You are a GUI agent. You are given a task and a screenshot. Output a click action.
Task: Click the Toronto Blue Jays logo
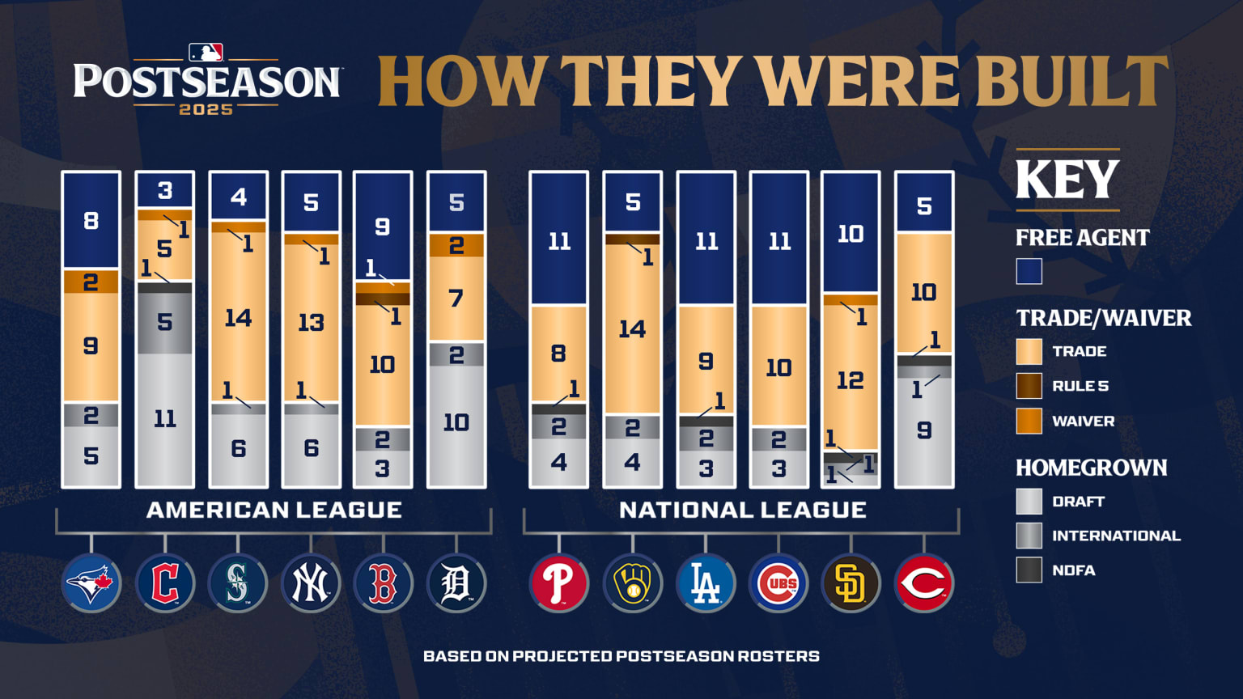[x=91, y=582]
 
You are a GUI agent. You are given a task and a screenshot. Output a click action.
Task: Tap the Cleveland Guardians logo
[x=165, y=582]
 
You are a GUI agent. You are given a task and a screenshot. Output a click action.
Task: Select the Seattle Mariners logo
[x=238, y=582]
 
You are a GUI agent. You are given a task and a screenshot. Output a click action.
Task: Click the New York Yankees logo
[x=311, y=582]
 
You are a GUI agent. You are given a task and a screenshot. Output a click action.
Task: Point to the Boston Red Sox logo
[x=383, y=582]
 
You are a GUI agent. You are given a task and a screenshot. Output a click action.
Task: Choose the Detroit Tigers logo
[x=456, y=582]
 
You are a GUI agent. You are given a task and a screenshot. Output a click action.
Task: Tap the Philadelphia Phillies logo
[x=559, y=582]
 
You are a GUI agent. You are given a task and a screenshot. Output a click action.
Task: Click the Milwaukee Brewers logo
[x=633, y=582]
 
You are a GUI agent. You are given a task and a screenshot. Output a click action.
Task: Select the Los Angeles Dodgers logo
[x=706, y=582]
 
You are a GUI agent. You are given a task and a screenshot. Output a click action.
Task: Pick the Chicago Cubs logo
[x=778, y=582]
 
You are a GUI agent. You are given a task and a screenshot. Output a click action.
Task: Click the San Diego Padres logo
[x=851, y=582]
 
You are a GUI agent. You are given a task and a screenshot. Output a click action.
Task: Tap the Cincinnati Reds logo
[x=924, y=582]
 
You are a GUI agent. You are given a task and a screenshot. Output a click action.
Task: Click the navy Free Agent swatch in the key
[x=1029, y=271]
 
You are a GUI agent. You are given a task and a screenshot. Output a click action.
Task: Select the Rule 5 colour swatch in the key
[x=1029, y=386]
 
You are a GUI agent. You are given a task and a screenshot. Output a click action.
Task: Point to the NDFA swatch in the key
[x=1029, y=570]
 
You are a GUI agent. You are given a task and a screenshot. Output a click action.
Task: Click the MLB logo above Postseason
[x=206, y=53]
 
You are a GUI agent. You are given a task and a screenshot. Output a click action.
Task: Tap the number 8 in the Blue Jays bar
[x=91, y=220]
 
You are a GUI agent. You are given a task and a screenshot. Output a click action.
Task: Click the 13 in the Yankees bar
[x=311, y=323]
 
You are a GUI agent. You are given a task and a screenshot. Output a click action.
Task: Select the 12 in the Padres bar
[x=851, y=380]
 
